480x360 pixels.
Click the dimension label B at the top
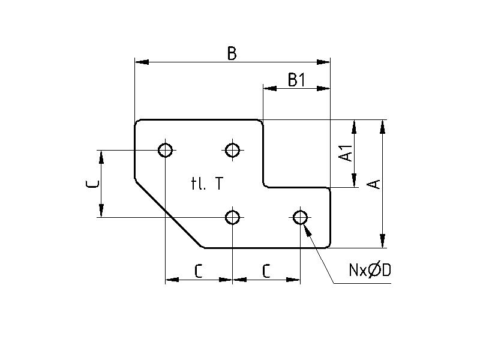[232, 54]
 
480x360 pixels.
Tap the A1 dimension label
[346, 154]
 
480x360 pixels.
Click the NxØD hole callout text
[370, 271]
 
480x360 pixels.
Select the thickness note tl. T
[207, 184]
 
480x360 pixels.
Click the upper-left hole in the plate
[166, 149]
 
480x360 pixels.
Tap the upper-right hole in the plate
[233, 149]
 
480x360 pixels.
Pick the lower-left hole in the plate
[233, 217]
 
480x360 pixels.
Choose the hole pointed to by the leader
[300, 217]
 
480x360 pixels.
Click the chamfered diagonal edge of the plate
[168, 213]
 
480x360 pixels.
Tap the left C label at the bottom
[199, 272]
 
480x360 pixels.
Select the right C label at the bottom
[266, 272]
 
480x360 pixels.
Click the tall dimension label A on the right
[374, 184]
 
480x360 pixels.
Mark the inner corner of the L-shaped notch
[264, 187]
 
